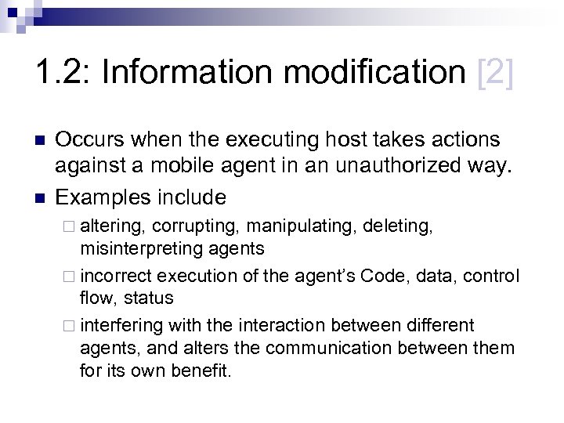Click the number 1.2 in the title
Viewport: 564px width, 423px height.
point(61,74)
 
